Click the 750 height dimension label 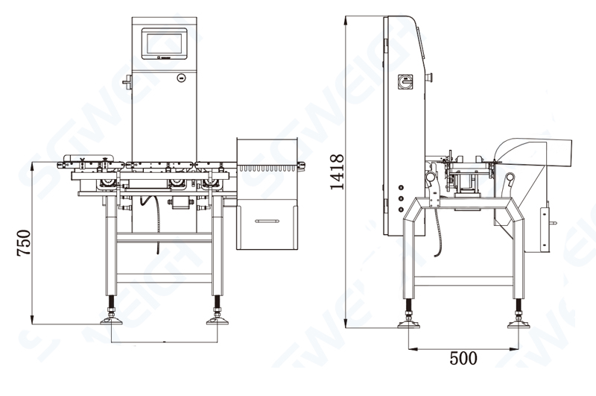23,243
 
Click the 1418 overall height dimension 336,172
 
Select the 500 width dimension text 463,357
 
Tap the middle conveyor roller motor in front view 177,182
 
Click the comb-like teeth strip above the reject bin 269,169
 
